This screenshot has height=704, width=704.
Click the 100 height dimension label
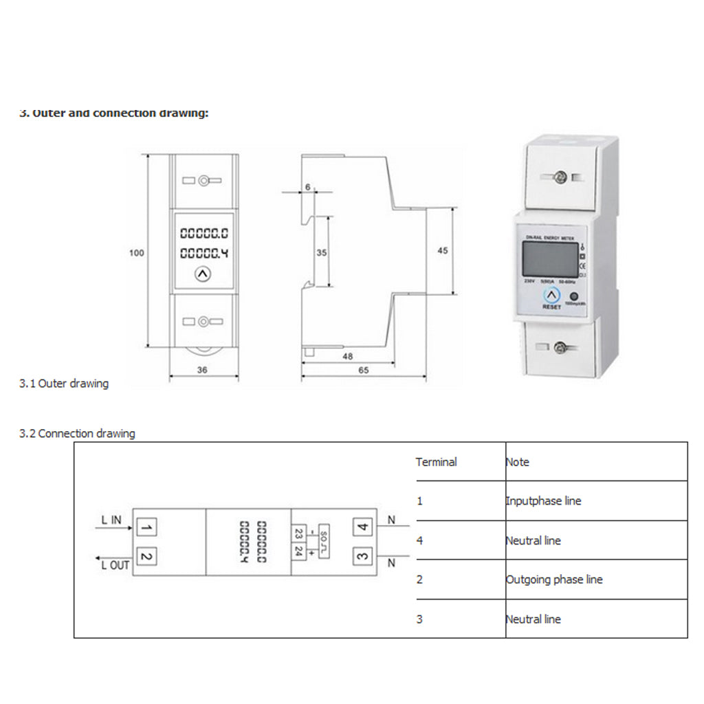pos(137,253)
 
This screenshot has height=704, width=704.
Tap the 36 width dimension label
pos(203,369)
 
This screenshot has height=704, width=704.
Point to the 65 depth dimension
pos(364,369)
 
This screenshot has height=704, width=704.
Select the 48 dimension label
pos(347,356)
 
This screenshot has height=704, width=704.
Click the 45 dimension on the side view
pos(442,251)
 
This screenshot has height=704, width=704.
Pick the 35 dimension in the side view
pos(321,252)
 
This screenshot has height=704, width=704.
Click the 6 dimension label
pos(307,187)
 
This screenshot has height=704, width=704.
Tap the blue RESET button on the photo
pos(551,294)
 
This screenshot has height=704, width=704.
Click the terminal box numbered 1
pos(146,527)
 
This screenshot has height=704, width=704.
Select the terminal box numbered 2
pos(146,555)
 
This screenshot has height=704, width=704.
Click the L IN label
pos(111,520)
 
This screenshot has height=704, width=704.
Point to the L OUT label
pos(115,565)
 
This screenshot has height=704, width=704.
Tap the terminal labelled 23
pos(299,533)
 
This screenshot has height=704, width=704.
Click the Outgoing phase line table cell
pos(554,580)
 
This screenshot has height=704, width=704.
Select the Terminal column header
pos(436,462)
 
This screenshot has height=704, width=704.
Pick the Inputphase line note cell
pos(543,501)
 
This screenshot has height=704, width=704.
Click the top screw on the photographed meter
pos(560,177)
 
